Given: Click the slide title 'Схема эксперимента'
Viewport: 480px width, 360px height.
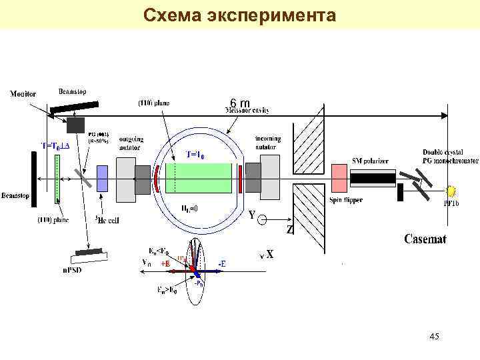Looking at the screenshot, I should pos(240,15).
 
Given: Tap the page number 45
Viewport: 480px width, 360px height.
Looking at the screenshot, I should pos(434,337).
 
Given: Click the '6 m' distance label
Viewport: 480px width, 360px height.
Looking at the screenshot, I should pos(239,103).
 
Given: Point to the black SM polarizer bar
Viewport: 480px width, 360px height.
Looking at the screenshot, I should pos(373,178).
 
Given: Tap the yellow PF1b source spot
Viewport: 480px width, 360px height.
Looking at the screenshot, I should pos(453,190).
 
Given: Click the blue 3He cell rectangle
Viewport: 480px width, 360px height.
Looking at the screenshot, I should pos(102,179).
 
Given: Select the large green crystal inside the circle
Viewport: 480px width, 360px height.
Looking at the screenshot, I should pos(199,179).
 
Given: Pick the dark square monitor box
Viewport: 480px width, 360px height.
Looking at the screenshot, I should pos(75,125).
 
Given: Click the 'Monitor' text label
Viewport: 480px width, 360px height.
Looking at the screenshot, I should pos(23,94).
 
